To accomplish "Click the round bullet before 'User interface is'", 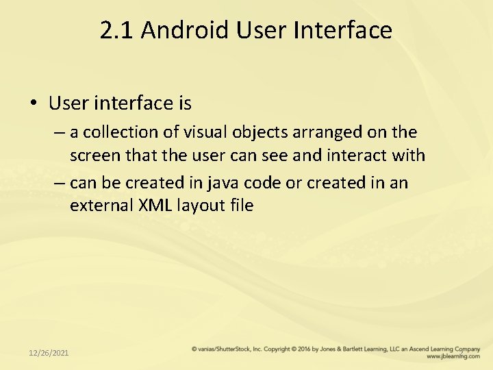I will [33, 103].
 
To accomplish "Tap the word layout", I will [202, 205].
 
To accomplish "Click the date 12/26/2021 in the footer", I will [49, 353].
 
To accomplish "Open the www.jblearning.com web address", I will [452, 357].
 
